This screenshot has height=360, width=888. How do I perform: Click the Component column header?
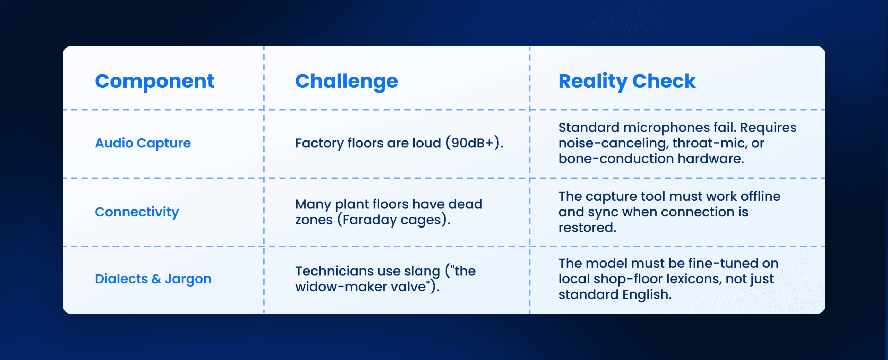tap(155, 82)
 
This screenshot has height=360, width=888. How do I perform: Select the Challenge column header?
tap(347, 82)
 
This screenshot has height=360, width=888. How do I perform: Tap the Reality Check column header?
tap(627, 82)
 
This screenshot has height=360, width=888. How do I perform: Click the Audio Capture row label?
tap(143, 143)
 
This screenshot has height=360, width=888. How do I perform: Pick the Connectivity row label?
tap(137, 212)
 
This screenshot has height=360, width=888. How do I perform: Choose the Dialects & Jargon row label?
tap(153, 279)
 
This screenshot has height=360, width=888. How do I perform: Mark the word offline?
tap(761, 196)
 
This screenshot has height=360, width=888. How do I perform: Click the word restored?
tap(587, 228)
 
